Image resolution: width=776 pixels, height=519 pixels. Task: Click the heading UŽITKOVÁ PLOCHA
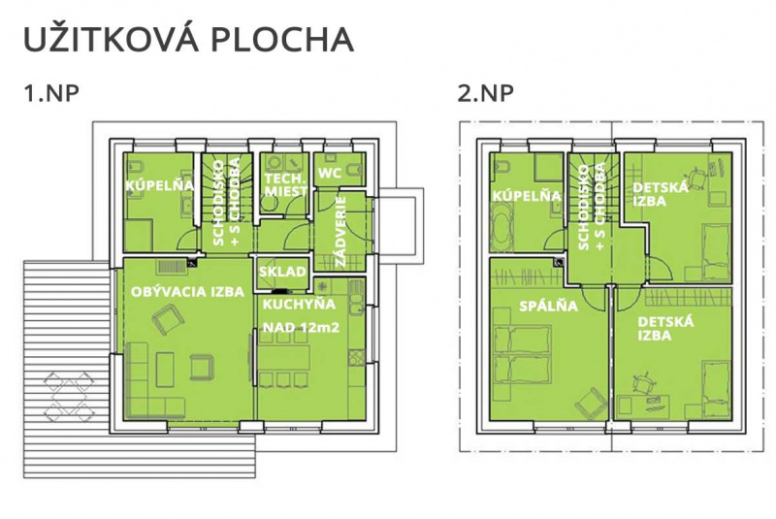pyautogui.click(x=186, y=40)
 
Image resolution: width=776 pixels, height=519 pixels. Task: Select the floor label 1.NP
pyautogui.click(x=51, y=95)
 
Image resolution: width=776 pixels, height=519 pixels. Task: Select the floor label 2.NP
pyautogui.click(x=485, y=95)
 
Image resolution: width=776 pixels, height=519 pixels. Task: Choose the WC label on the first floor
pyautogui.click(x=328, y=173)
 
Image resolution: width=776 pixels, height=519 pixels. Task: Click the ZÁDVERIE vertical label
pyautogui.click(x=341, y=230)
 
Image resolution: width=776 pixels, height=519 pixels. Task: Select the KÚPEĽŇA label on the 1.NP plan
pyautogui.click(x=160, y=184)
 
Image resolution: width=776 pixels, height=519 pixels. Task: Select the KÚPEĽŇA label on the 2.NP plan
pyautogui.click(x=528, y=196)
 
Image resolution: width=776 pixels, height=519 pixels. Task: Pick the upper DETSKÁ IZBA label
pyautogui.click(x=661, y=194)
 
